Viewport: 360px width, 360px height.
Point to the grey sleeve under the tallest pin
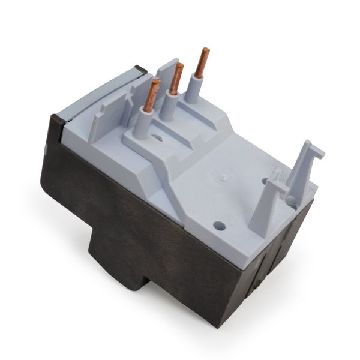196,90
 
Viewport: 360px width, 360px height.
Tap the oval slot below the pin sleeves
158,137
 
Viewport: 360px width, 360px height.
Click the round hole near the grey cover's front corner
219,227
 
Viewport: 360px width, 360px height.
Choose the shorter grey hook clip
267,198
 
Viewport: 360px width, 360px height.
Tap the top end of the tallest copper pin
206,50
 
